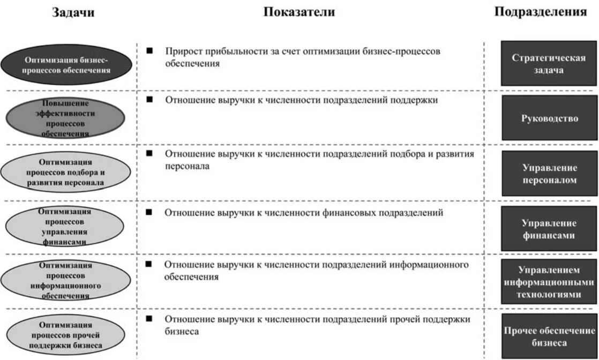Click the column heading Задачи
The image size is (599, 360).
click(73, 13)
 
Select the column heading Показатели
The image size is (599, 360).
click(299, 12)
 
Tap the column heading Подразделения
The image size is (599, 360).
click(540, 12)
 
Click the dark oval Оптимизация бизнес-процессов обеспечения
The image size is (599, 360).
click(66, 65)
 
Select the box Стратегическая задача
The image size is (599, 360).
click(549, 63)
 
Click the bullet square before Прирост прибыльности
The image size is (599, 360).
click(150, 51)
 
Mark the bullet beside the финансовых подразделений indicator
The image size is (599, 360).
click(150, 212)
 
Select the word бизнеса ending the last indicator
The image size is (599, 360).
click(182, 332)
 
